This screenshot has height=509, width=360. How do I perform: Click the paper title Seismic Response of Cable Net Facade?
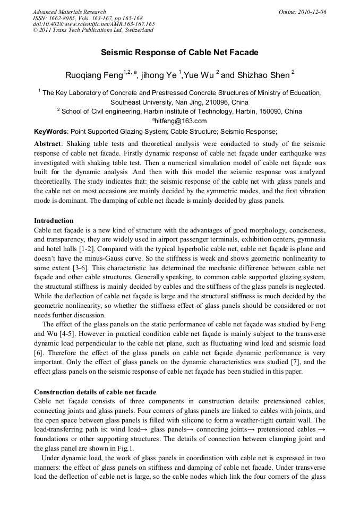tap(179, 53)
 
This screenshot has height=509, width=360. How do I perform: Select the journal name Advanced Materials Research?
tap(69, 12)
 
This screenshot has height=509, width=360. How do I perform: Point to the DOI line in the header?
tap(93, 24)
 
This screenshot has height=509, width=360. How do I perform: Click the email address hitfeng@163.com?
tap(181, 121)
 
